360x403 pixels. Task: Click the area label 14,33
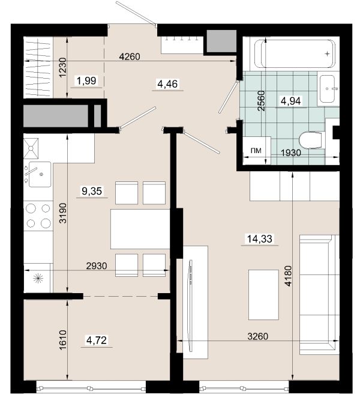259,239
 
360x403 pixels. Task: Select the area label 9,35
92,191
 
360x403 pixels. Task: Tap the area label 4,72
97,341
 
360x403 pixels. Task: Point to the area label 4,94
290,101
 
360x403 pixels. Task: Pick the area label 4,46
167,84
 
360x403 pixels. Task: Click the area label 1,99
86,80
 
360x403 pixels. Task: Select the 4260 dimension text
130,56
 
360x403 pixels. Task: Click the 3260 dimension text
258,336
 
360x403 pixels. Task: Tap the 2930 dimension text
97,265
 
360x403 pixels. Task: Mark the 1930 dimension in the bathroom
290,153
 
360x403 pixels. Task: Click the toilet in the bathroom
311,140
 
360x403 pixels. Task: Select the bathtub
295,53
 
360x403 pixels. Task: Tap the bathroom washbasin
328,89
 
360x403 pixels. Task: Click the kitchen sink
40,174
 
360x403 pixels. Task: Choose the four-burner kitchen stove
38,216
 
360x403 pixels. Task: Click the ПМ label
256,150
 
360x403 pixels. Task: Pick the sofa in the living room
319,294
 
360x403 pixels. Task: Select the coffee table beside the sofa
263,294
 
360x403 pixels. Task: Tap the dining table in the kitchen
140,229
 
